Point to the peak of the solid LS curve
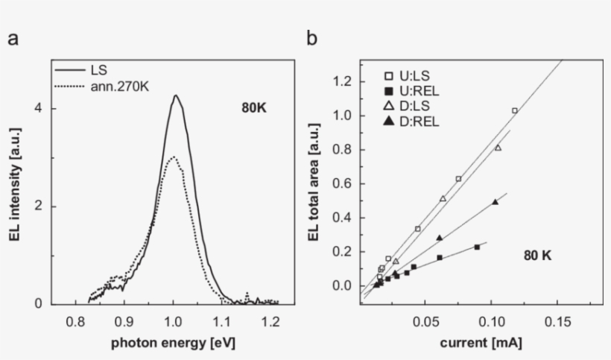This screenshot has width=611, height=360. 175,95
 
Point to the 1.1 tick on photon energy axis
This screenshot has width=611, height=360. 221,321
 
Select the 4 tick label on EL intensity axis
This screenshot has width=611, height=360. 37,109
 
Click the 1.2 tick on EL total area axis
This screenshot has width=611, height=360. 342,81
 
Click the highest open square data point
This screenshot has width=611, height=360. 514,110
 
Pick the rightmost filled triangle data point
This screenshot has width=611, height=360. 495,202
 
